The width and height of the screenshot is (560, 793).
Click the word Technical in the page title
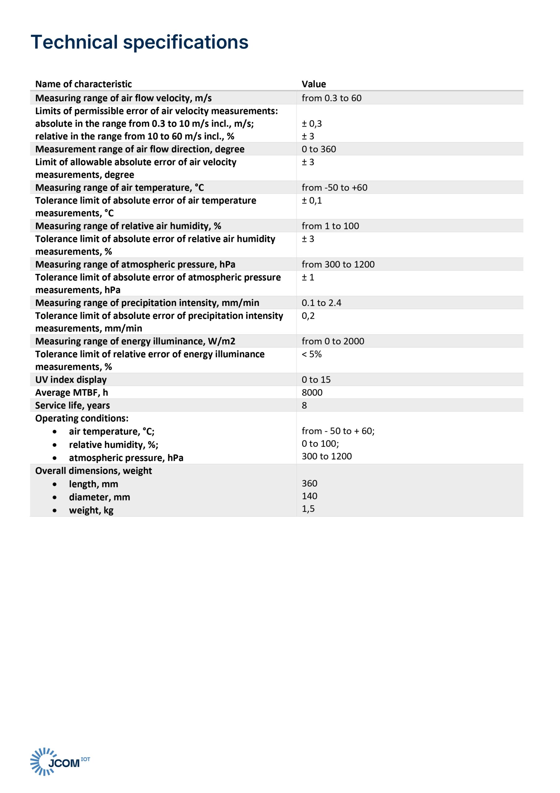74,42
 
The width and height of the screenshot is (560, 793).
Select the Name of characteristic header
83,84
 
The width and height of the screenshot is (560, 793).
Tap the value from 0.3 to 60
331,98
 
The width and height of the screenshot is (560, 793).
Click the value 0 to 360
318,149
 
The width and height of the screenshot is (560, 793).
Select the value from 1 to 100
330,226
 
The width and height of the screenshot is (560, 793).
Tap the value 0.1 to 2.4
321,303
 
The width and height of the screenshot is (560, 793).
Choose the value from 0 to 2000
333,341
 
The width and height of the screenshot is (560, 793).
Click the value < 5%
311,354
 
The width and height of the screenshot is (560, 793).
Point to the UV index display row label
71,379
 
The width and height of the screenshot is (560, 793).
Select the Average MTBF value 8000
312,392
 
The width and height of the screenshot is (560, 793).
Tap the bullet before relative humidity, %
54,445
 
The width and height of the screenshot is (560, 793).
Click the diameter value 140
309,496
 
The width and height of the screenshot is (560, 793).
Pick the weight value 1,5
308,509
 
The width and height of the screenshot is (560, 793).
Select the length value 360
309,483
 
